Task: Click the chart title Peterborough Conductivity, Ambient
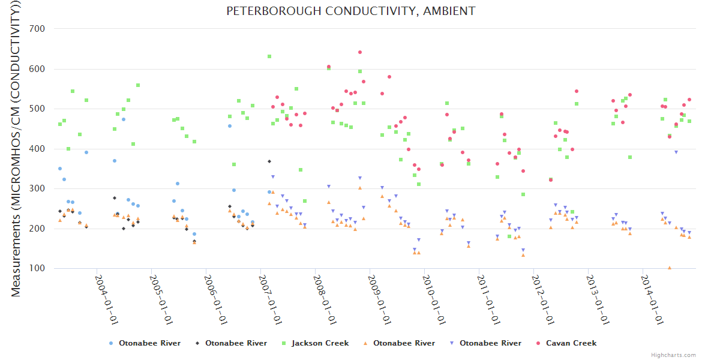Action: [x=350, y=11]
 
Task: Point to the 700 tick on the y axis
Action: [x=46, y=29]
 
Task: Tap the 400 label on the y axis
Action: [x=46, y=149]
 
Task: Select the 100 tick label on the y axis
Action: [x=46, y=269]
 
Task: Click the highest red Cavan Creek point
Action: [x=360, y=52]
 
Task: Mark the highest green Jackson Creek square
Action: [x=269, y=56]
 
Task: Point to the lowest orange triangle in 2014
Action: [x=670, y=268]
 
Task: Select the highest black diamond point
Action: [x=269, y=161]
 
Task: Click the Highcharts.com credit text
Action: [x=673, y=355]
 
